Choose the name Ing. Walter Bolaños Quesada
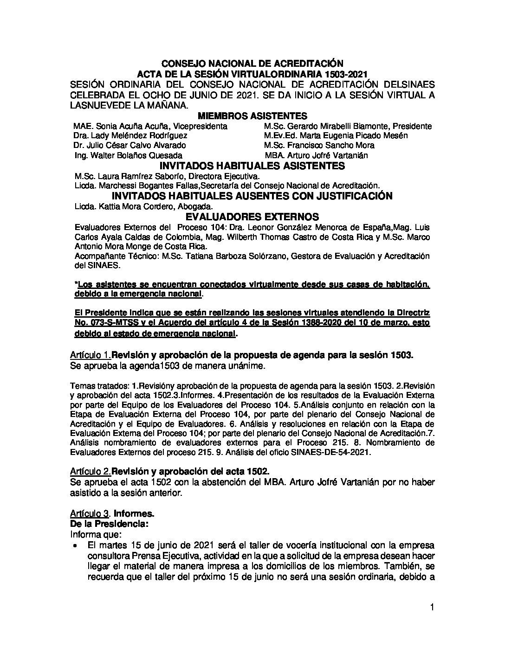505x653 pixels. [x=128, y=155]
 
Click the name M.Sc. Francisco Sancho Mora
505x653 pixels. [x=319, y=145]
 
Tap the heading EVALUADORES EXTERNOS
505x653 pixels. [x=252, y=217]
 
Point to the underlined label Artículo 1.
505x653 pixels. [x=90, y=355]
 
